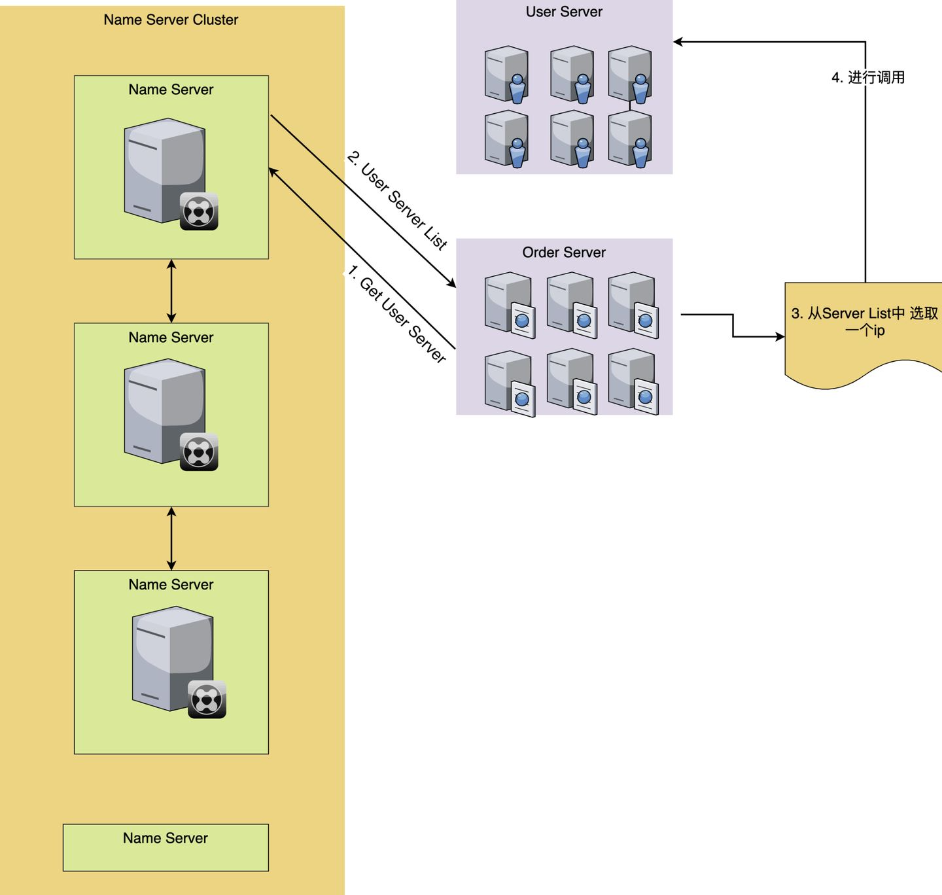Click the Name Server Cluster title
pyautogui.click(x=171, y=20)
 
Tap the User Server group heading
pyautogui.click(x=564, y=12)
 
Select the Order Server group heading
pyautogui.click(x=564, y=253)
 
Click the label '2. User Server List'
pyautogui.click(x=398, y=200)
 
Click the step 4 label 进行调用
pyautogui.click(x=868, y=77)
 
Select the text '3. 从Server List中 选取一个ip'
pyautogui.click(x=864, y=321)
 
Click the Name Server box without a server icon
pyautogui.click(x=166, y=847)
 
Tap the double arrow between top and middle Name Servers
pyautogui.click(x=171, y=291)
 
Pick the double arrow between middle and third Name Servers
pyautogui.click(x=171, y=538)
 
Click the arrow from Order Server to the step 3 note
pyautogui.click(x=733, y=326)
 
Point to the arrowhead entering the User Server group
pyautogui.click(x=678, y=42)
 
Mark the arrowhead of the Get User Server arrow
pyautogui.click(x=273, y=172)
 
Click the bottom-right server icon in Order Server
pyautogui.click(x=633, y=381)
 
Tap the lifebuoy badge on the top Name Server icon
pyautogui.click(x=199, y=211)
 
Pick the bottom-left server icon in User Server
pyautogui.click(x=506, y=139)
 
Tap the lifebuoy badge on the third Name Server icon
pyautogui.click(x=207, y=699)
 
